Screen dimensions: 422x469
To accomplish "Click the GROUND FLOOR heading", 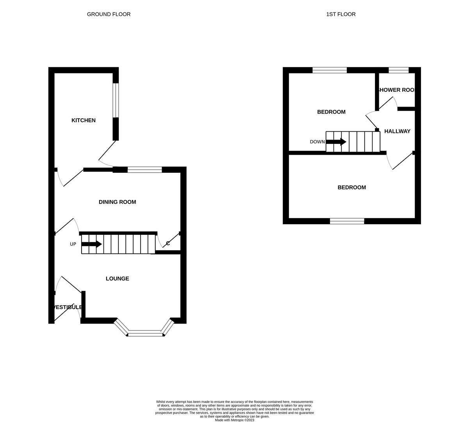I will tap(109, 14).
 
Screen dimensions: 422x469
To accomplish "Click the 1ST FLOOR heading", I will tap(341, 14).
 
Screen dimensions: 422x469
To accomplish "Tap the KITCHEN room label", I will tap(83, 120).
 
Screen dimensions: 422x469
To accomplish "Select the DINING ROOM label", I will tap(117, 202).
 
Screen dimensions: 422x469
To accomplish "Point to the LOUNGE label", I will tap(117, 279).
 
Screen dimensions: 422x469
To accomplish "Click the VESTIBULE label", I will tap(67, 307).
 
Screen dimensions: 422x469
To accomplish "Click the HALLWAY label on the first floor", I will tap(397, 131).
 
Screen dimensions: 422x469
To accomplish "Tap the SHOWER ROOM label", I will tap(395, 90).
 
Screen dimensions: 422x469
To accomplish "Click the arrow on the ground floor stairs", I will tap(92, 244).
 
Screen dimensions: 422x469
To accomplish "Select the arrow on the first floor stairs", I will tap(336, 142).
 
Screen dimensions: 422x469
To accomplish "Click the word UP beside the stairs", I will tap(73, 244).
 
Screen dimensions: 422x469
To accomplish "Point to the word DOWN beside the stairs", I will tap(317, 142).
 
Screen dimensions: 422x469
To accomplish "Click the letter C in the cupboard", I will tap(168, 243).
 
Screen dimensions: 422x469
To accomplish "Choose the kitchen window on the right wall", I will tap(116, 100).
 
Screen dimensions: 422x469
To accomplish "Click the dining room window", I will tap(144, 170).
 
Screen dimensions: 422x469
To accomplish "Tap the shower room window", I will tap(398, 70).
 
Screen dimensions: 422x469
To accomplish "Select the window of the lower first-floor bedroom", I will tap(347, 221).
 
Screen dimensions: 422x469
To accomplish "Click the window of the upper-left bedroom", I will tap(330, 70).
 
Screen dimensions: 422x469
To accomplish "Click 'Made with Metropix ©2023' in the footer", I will tap(234, 420).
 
